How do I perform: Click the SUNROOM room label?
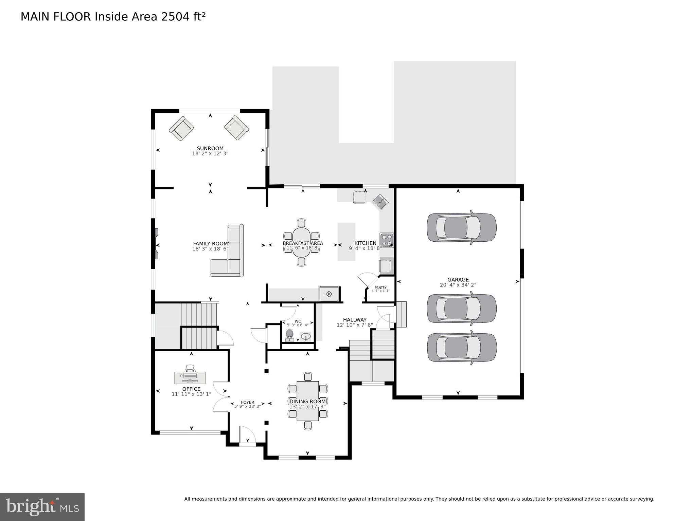[x=210, y=148]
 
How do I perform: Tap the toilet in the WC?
[x=289, y=335]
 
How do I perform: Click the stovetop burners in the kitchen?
[x=386, y=240]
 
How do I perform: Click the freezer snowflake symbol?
[x=328, y=294]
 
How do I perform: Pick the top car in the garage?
[x=461, y=227]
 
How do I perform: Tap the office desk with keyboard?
[x=190, y=376]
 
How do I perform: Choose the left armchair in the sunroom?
[x=181, y=129]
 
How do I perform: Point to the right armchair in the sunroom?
[x=236, y=128]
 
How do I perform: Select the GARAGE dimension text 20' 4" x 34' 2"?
[x=458, y=285]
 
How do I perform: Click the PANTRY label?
[x=380, y=287]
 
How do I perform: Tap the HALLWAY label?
[x=354, y=320]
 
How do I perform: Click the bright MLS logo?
[x=42, y=507]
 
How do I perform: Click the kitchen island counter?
[x=346, y=241]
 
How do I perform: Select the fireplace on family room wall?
[x=156, y=244]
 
